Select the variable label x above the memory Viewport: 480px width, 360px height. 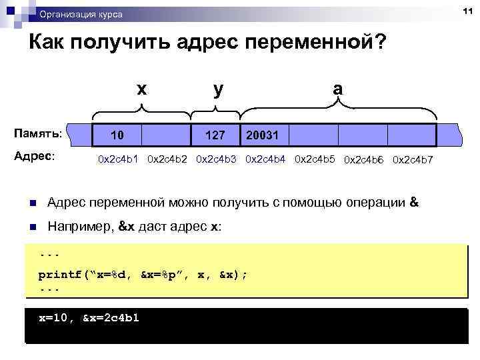(x=141, y=88)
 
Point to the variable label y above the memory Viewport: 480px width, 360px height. (x=218, y=88)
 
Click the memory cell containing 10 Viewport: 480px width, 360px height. (x=117, y=136)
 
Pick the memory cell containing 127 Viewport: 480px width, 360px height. (x=215, y=136)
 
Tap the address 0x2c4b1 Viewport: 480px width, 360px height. (x=119, y=159)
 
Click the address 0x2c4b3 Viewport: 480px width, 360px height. (x=217, y=159)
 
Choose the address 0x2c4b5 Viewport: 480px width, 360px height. (x=316, y=159)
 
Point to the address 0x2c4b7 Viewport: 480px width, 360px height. (x=413, y=160)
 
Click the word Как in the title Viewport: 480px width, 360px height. (x=50, y=43)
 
